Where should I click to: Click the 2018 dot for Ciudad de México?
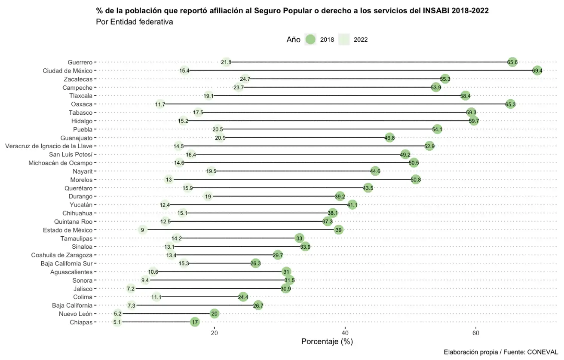(x=537, y=70)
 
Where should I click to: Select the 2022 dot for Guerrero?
(x=226, y=62)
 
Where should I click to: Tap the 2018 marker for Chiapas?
(x=195, y=322)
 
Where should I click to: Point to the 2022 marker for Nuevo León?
(x=118, y=314)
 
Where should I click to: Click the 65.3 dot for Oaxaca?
(x=510, y=104)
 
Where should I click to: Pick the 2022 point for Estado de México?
(x=142, y=230)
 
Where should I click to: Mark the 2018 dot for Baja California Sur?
(x=256, y=264)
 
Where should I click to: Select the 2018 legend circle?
(x=310, y=40)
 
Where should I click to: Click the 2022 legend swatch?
(x=344, y=40)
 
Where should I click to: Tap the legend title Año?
(x=293, y=40)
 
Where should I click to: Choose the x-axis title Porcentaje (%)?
(x=327, y=342)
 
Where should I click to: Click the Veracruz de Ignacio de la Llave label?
(x=49, y=146)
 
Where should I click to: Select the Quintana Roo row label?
(x=73, y=222)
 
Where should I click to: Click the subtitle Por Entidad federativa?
(x=135, y=22)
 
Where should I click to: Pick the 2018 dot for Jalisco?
(x=285, y=289)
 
